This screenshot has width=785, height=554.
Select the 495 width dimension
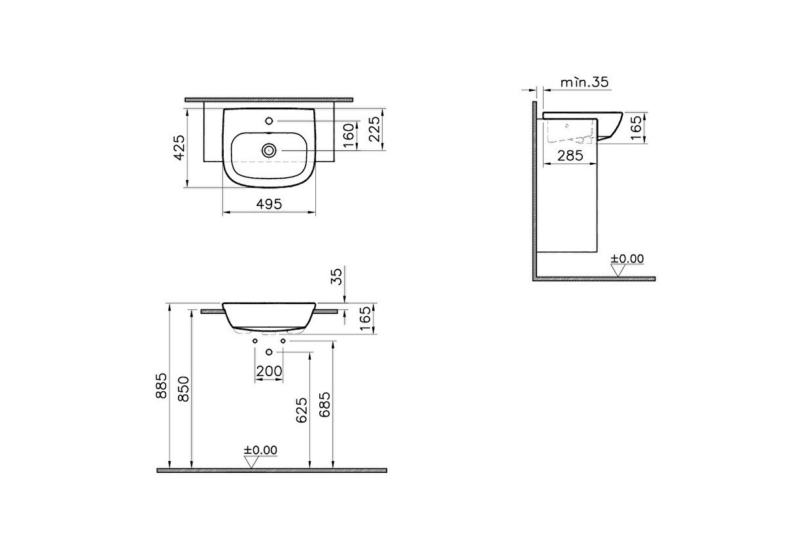tap(268, 204)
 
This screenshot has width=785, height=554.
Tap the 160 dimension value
tap(349, 135)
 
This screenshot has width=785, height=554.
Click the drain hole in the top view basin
tap(268, 150)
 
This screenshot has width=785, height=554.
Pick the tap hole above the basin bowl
tap(269, 121)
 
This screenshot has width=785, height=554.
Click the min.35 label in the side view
tap(585, 82)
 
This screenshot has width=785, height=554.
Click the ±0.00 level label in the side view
tap(627, 259)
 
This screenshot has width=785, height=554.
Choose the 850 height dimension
tap(184, 390)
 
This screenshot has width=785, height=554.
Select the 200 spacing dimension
tap(269, 372)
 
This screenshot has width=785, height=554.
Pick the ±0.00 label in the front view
tap(260, 450)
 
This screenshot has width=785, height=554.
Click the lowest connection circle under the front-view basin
tap(269, 353)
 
